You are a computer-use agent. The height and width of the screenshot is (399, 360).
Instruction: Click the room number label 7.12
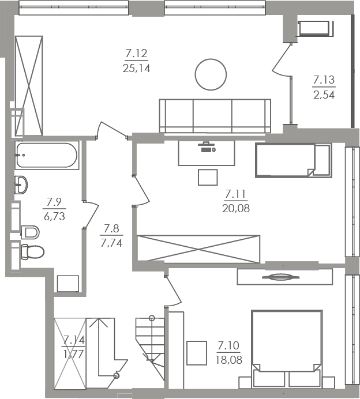(x=137, y=54)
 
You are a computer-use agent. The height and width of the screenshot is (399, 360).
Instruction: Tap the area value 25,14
(x=137, y=68)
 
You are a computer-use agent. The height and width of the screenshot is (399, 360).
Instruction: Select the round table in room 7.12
(x=211, y=74)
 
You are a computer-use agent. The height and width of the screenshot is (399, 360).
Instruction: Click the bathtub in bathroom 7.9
(x=47, y=155)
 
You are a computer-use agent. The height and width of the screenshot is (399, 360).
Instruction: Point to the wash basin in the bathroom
(x=21, y=185)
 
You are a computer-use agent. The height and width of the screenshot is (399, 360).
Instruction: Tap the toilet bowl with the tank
(x=32, y=251)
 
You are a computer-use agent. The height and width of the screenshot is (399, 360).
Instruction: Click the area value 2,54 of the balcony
(x=324, y=95)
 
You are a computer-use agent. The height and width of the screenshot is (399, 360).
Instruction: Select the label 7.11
(x=236, y=194)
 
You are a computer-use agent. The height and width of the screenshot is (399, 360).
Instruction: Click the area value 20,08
(x=236, y=208)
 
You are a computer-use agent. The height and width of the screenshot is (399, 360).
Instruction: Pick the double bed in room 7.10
(x=287, y=349)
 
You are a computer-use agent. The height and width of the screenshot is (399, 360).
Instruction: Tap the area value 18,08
(x=228, y=360)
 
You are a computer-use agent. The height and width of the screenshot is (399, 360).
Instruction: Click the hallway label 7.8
(x=111, y=228)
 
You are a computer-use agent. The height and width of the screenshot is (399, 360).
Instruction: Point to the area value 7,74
(x=111, y=243)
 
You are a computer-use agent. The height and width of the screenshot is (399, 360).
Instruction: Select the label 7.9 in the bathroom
(x=54, y=202)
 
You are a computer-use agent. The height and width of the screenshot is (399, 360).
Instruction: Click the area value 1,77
(x=74, y=354)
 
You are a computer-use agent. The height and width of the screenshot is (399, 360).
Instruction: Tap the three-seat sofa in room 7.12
(x=215, y=116)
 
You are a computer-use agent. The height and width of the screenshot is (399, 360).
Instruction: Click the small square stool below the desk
(x=208, y=177)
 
